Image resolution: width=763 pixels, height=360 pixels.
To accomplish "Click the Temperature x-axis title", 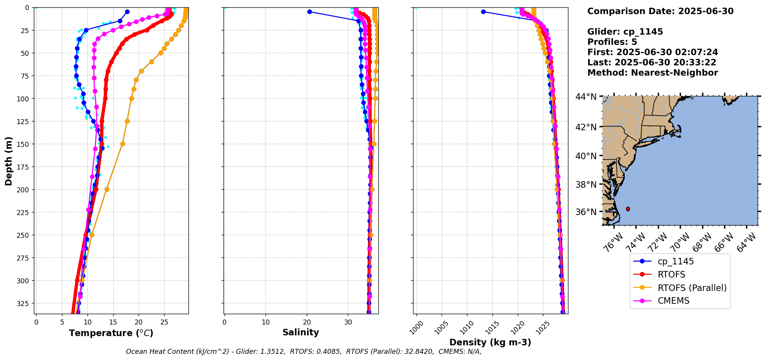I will pos(111,333).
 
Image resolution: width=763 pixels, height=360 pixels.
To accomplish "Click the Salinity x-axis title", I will pos(301,332).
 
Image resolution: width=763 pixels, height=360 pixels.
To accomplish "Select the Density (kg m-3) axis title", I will pos(490,342).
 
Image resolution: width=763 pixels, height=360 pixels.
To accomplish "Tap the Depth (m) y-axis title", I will pos(8,161).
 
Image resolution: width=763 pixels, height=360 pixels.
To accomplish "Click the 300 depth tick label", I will pos(24,281).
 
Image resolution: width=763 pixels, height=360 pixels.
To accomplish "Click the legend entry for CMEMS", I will pos(673,301).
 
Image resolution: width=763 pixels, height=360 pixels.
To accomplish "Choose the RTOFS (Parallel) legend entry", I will pos(692,288).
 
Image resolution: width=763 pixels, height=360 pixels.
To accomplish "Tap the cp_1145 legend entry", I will pos(676,261).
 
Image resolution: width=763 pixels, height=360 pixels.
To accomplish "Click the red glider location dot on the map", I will pos(628,209).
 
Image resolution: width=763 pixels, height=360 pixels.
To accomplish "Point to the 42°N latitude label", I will pos(586,127).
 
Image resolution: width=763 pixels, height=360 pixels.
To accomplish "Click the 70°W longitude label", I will pos(679,243).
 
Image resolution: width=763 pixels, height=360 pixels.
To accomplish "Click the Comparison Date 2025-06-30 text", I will pos(660,11).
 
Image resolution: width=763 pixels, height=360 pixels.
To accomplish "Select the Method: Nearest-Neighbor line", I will pos(652,73).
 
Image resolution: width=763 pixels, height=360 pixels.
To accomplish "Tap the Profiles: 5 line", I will pos(612,42).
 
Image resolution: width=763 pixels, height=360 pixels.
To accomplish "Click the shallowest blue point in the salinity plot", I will pos(309,12).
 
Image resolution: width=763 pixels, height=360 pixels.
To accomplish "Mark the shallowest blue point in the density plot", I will pos(483,12).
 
